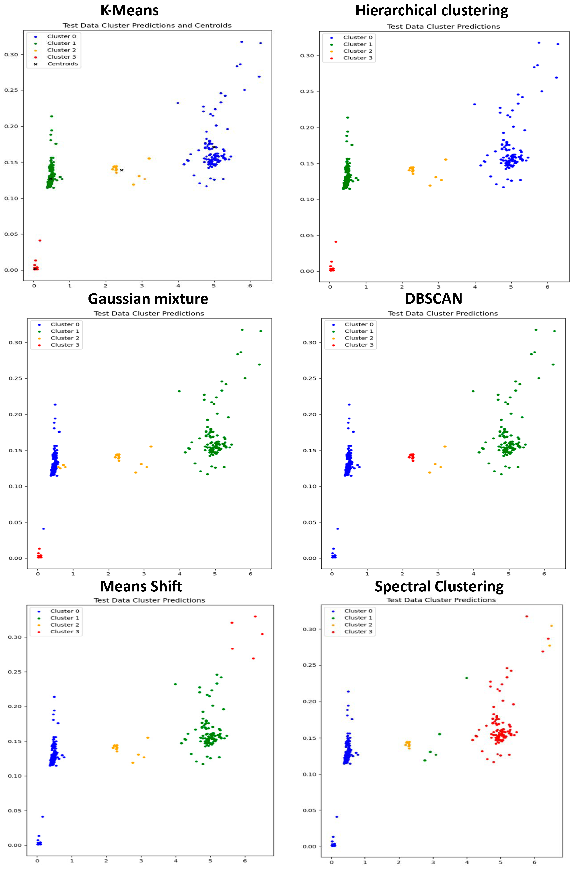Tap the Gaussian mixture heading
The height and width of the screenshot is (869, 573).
coord(148,299)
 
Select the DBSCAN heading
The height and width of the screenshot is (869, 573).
coord(433,299)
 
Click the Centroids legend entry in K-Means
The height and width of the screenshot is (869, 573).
coord(62,64)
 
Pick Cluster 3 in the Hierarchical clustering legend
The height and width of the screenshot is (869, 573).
coord(357,58)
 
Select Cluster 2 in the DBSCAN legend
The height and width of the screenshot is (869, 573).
coord(359,338)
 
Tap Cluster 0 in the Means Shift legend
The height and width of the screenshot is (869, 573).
coord(64,611)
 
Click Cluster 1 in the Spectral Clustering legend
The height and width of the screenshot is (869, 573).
coord(358,618)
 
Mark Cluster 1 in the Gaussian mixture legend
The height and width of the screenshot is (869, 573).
coord(65,331)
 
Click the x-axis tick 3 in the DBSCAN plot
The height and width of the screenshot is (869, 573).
coord(438,574)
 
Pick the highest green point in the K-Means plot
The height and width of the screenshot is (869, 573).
coord(51,116)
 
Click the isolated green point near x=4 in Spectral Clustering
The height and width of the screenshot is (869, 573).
coord(466,678)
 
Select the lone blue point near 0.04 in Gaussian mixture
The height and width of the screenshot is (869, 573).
coord(43,528)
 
